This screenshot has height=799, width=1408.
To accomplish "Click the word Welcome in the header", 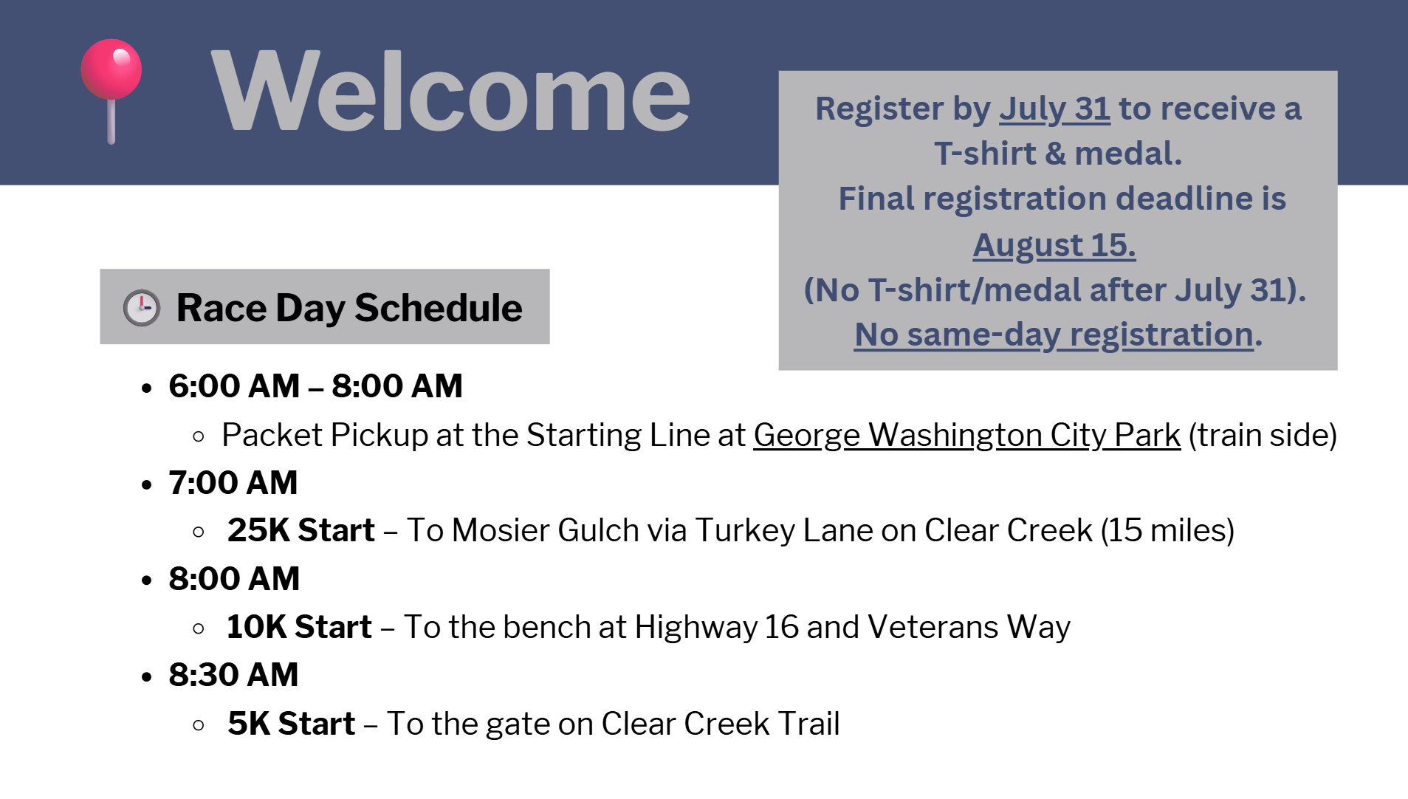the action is tap(450, 92).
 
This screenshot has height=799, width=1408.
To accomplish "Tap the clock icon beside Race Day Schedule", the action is tap(141, 307).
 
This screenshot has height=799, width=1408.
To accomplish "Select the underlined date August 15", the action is tap(1054, 245).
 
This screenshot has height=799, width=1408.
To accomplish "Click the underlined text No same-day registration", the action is tap(1054, 335).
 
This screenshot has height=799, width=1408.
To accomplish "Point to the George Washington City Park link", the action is tap(967, 435).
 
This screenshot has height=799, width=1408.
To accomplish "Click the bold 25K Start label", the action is tap(301, 530).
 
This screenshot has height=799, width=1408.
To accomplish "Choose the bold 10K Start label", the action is tap(299, 627).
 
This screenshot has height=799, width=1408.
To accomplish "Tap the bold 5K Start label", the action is tap(292, 724).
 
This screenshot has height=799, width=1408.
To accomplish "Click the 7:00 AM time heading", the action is tap(233, 482).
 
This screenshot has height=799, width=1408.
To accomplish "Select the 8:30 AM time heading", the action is tap(233, 674).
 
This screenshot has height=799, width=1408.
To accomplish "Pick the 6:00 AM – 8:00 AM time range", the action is tap(316, 385).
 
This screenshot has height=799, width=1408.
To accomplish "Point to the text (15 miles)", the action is tap(1167, 530).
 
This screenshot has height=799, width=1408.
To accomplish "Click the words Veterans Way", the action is tap(969, 627).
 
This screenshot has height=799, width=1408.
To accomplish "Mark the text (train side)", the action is tap(1263, 435).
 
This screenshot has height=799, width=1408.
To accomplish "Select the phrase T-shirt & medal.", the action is tap(1058, 154).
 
